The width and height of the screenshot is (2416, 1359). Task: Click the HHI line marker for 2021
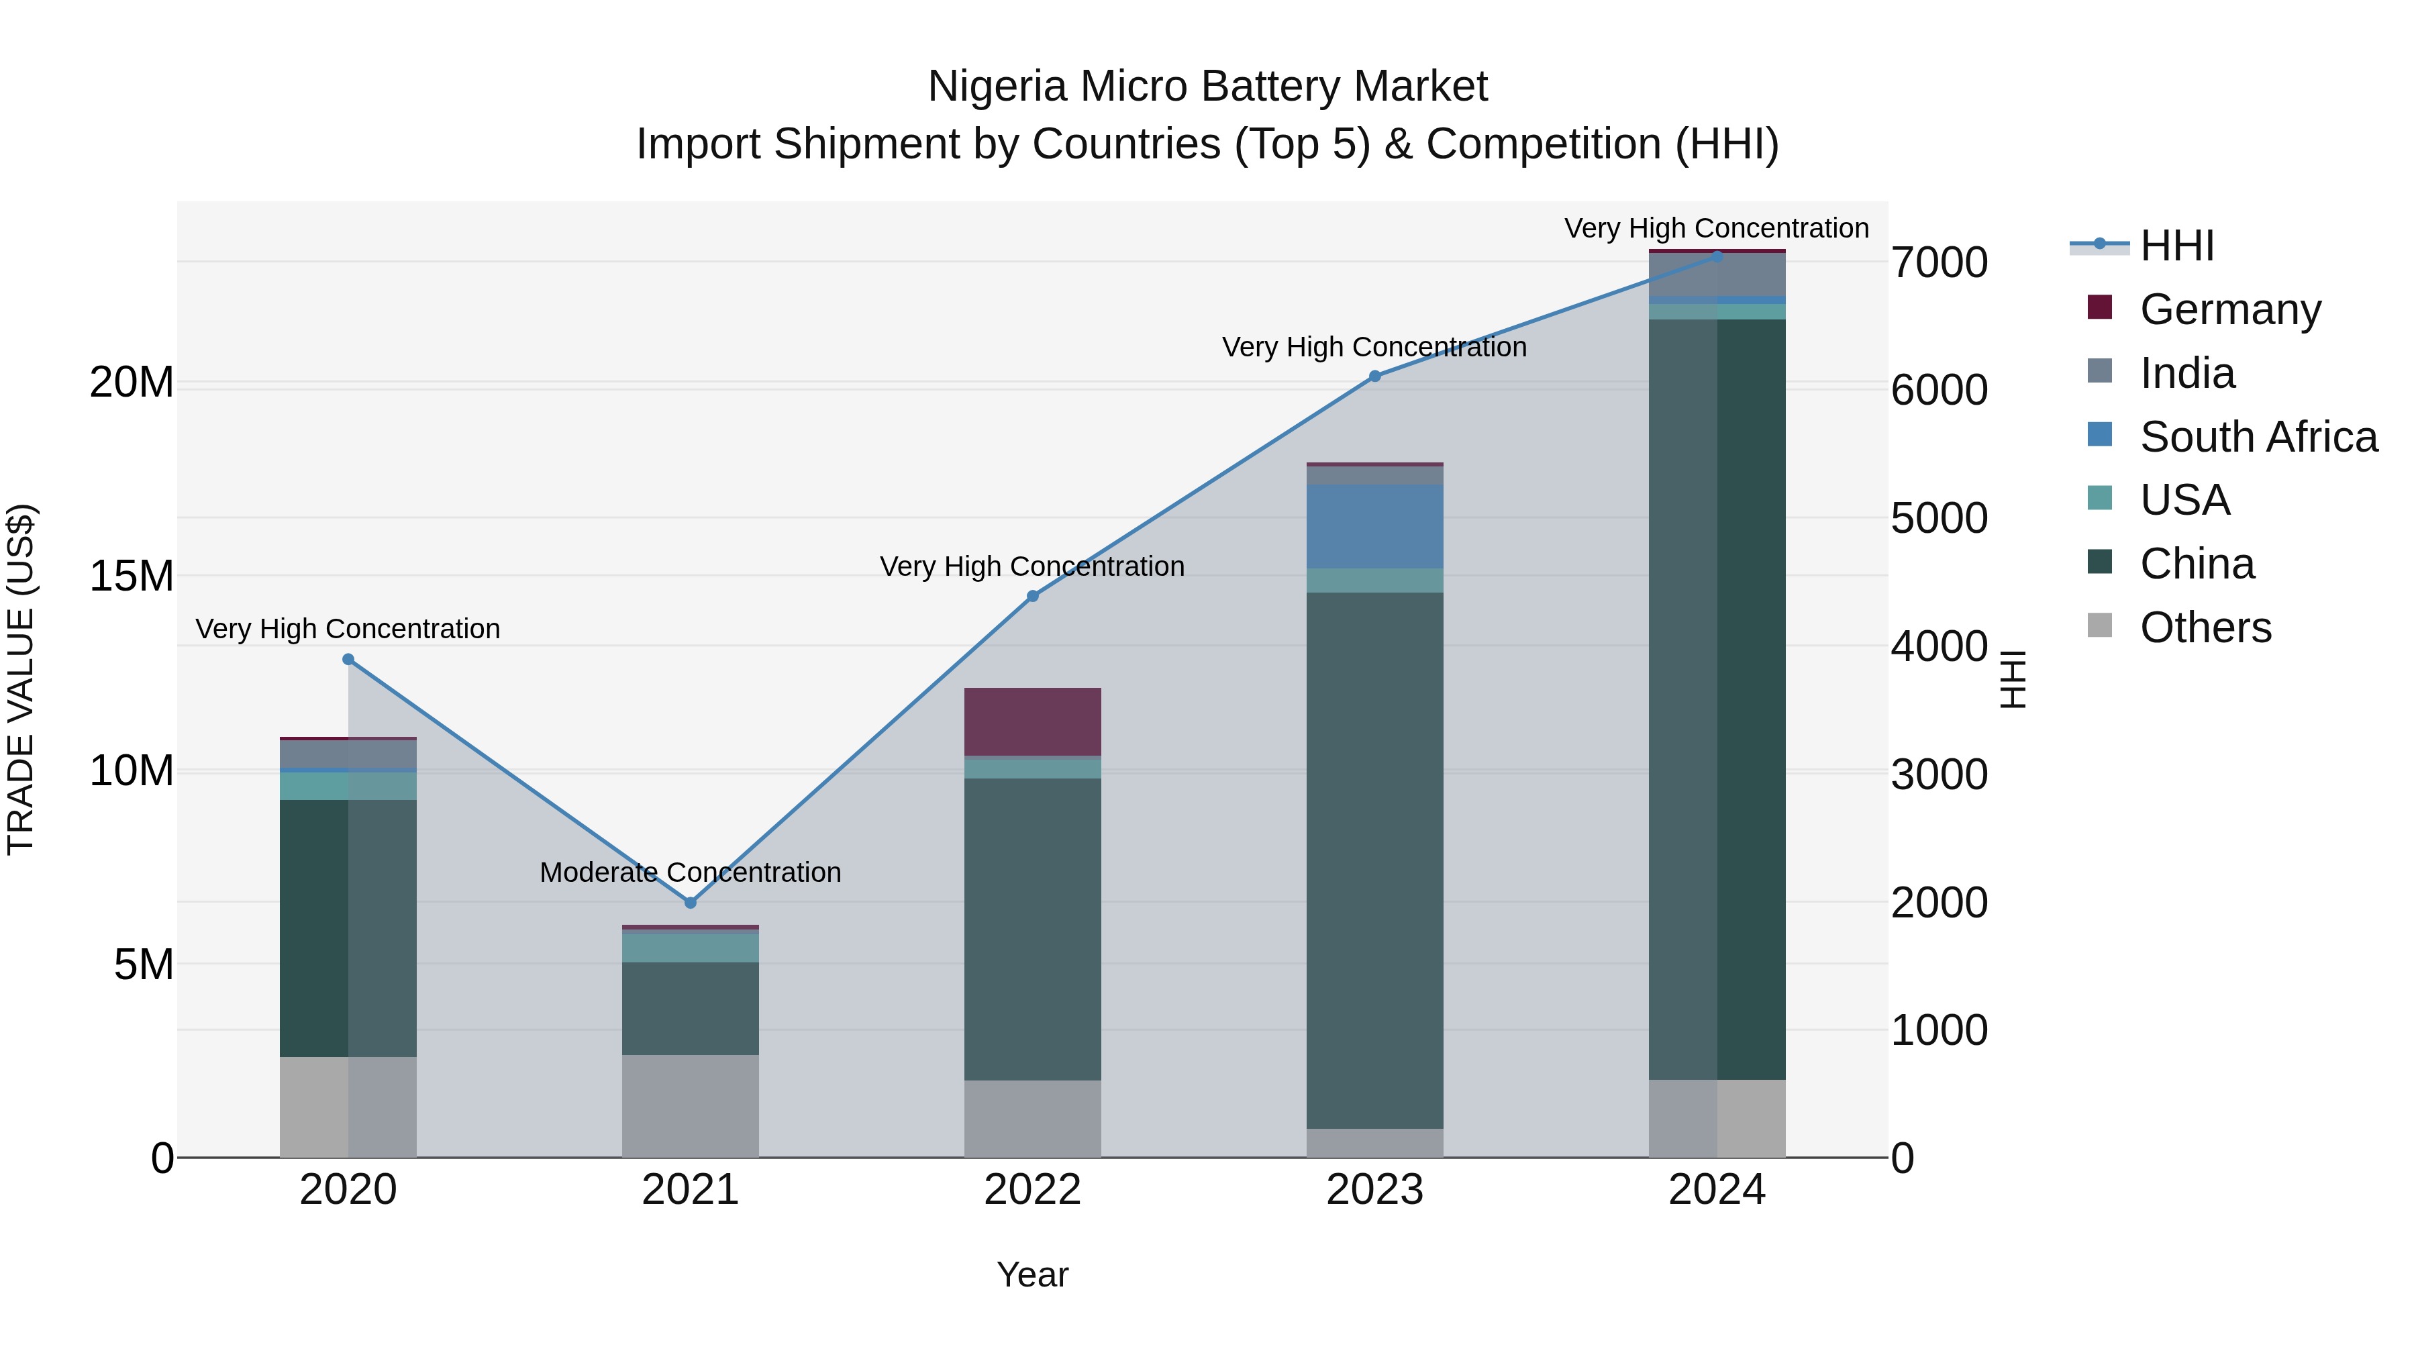pos(691,902)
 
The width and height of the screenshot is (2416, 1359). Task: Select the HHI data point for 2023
pos(1375,376)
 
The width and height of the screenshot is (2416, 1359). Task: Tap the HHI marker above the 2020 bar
pos(348,659)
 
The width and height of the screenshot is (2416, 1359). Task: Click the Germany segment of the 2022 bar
pos(1033,721)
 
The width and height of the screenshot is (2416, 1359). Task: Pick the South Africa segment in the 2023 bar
pos(1375,526)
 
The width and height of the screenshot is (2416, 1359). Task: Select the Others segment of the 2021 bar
pos(691,1106)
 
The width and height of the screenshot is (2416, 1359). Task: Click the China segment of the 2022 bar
pos(1033,929)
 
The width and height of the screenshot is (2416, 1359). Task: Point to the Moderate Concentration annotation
pos(691,872)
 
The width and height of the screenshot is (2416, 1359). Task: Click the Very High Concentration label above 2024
pos(1716,228)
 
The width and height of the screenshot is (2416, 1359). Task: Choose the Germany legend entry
pos(2230,309)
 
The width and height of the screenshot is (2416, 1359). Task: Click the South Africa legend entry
pos(2258,437)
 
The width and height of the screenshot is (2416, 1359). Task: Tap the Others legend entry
pos(2205,627)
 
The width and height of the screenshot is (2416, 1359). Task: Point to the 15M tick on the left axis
pos(132,576)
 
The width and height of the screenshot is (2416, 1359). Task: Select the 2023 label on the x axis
pos(1375,1190)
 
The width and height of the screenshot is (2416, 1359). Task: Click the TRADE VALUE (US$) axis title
pos(21,679)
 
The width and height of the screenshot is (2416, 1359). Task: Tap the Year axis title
pos(1033,1274)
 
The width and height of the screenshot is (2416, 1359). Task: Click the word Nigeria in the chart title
pos(998,87)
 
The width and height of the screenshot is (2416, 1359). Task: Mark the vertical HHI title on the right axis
pos(2013,679)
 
